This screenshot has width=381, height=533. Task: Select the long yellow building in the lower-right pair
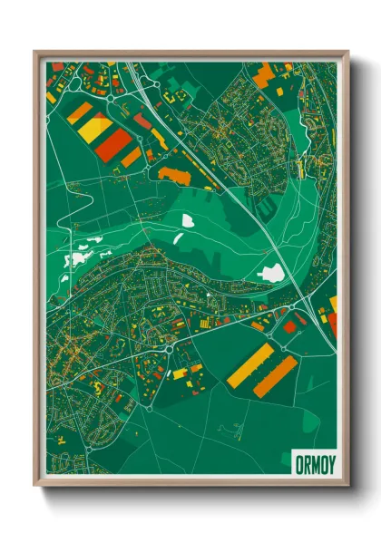249,363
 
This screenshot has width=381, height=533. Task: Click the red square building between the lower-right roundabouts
290,326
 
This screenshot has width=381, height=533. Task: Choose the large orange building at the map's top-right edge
262,76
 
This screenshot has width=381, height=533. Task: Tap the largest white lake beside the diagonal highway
270,271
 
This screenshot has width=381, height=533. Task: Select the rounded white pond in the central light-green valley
188,219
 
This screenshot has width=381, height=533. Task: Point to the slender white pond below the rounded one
179,237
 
